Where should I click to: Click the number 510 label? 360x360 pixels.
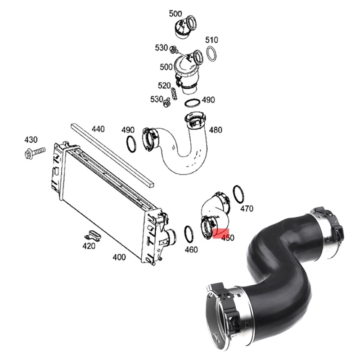[x=211, y=40]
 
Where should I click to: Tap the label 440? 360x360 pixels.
[x=98, y=129]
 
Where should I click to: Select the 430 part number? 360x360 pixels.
[x=31, y=140]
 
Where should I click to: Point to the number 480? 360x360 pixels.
[x=216, y=130]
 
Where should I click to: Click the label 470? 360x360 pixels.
[x=247, y=208]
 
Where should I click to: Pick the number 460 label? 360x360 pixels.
[x=191, y=249]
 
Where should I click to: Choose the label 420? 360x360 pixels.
[x=89, y=246]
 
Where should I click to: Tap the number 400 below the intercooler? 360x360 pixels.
[x=119, y=257]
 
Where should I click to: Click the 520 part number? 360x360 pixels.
[x=164, y=85]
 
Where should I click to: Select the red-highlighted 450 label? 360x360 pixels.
[x=226, y=236]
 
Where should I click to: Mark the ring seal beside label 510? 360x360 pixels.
[x=211, y=54]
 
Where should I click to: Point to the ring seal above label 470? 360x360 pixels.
[x=238, y=194]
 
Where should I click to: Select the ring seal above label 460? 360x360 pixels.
[x=189, y=233]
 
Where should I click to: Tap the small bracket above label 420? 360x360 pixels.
[x=93, y=235]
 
